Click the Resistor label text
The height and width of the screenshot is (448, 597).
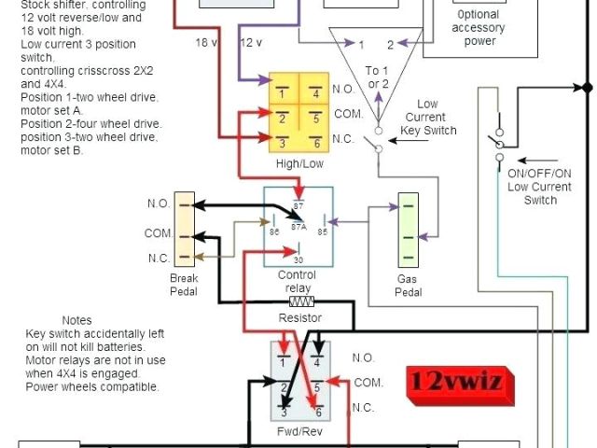300,318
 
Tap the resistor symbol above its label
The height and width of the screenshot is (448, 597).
300,302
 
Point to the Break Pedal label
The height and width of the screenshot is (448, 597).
184,285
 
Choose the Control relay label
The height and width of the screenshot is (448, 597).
298,282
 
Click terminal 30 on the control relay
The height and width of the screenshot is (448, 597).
298,259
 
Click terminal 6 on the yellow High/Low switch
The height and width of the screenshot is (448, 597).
316,142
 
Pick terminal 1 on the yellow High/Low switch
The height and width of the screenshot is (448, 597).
281,93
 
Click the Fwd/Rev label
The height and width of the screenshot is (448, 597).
298,433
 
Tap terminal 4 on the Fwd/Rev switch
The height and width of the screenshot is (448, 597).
317,359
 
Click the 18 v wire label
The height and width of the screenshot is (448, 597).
208,43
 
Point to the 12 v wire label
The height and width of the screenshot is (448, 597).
252,43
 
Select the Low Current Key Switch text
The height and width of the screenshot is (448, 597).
428,118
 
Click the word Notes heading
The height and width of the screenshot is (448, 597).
76,320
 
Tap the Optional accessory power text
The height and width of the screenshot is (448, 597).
479,28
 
